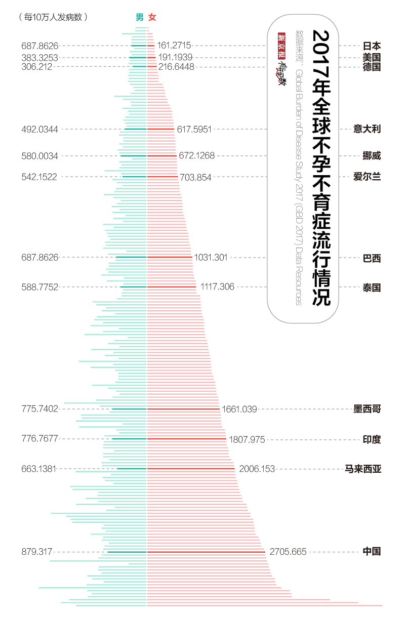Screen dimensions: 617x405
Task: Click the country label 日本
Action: (372, 46)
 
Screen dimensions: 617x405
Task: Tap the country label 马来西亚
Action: (362, 469)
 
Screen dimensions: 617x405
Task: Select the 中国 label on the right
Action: (372, 552)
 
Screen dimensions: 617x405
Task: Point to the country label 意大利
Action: (367, 129)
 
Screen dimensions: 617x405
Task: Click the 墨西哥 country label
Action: (367, 409)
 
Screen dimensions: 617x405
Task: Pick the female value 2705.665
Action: (288, 552)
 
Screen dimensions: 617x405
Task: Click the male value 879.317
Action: (37, 552)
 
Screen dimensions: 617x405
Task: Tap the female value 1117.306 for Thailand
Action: (217, 287)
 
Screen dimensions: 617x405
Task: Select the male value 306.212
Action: (37, 66)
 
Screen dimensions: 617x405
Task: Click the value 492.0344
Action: (39, 129)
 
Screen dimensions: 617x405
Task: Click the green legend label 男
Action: (139, 17)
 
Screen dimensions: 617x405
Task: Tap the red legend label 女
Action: (152, 17)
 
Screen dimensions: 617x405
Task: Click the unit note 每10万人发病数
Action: (53, 17)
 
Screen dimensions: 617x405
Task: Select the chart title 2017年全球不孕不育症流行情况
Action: (321, 167)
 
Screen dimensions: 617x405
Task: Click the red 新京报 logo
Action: (281, 46)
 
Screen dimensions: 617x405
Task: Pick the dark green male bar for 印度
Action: (129, 439)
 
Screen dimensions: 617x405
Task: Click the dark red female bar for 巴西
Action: (170, 257)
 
